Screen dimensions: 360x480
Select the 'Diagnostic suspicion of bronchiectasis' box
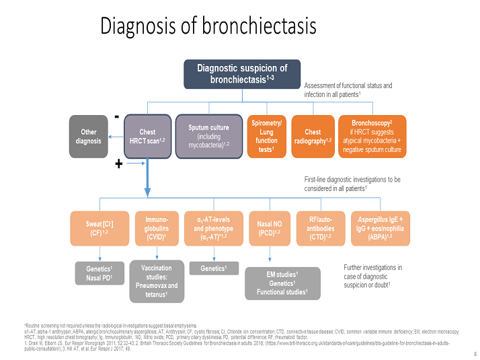click(241, 74)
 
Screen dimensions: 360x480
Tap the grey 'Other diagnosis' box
click(88, 137)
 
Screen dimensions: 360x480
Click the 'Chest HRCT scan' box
click(147, 137)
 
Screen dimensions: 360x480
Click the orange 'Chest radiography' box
click(313, 137)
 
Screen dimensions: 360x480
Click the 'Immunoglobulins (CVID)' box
click(157, 229)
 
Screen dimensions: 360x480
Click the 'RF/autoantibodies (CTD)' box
click(321, 229)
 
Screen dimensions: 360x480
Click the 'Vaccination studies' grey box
click(157, 281)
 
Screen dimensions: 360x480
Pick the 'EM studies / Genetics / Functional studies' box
click(282, 283)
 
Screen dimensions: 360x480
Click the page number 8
click(468, 353)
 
